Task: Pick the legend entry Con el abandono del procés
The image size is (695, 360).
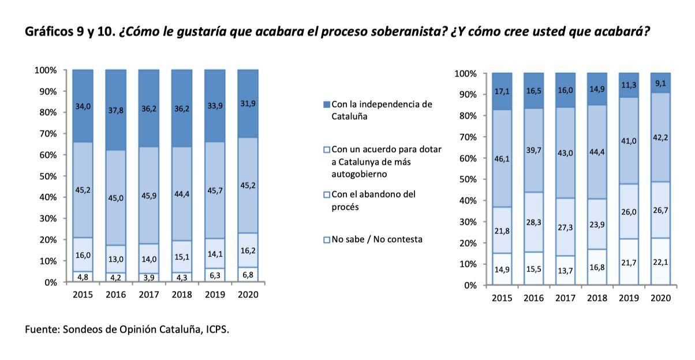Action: (373, 200)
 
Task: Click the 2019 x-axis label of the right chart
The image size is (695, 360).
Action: (628, 298)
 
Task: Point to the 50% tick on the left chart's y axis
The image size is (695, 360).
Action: (46, 176)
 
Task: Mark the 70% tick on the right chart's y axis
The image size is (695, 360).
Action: (466, 137)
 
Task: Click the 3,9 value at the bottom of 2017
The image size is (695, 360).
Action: (149, 277)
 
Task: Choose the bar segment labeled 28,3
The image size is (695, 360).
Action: (533, 222)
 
